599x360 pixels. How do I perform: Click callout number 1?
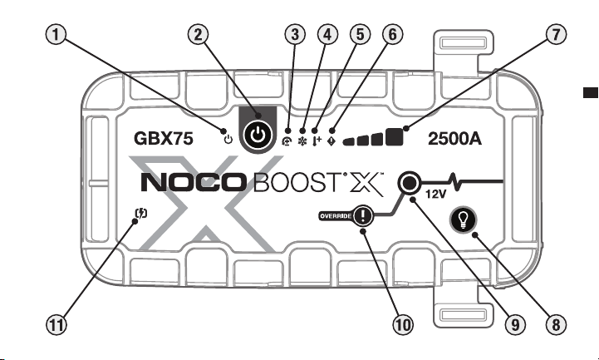point(56,35)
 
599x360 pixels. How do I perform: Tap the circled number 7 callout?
point(556,35)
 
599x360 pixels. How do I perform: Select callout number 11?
point(56,325)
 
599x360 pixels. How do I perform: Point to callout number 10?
point(403,325)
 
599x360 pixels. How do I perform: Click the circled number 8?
point(556,325)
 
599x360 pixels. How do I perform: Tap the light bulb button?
point(464,219)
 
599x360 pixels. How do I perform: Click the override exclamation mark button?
point(362,215)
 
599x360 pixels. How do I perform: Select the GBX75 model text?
point(164,138)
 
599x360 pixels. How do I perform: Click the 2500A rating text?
point(454,138)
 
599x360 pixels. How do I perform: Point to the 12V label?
point(436,195)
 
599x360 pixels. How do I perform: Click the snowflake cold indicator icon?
point(302,142)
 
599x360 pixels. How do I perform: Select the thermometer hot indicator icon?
point(317,141)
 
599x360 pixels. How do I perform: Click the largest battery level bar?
point(395,137)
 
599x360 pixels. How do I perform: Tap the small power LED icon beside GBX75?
point(228,140)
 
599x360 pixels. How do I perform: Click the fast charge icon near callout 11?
point(141,213)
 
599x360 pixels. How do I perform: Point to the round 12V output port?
point(409,184)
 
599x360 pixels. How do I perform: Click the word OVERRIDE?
point(336,216)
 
